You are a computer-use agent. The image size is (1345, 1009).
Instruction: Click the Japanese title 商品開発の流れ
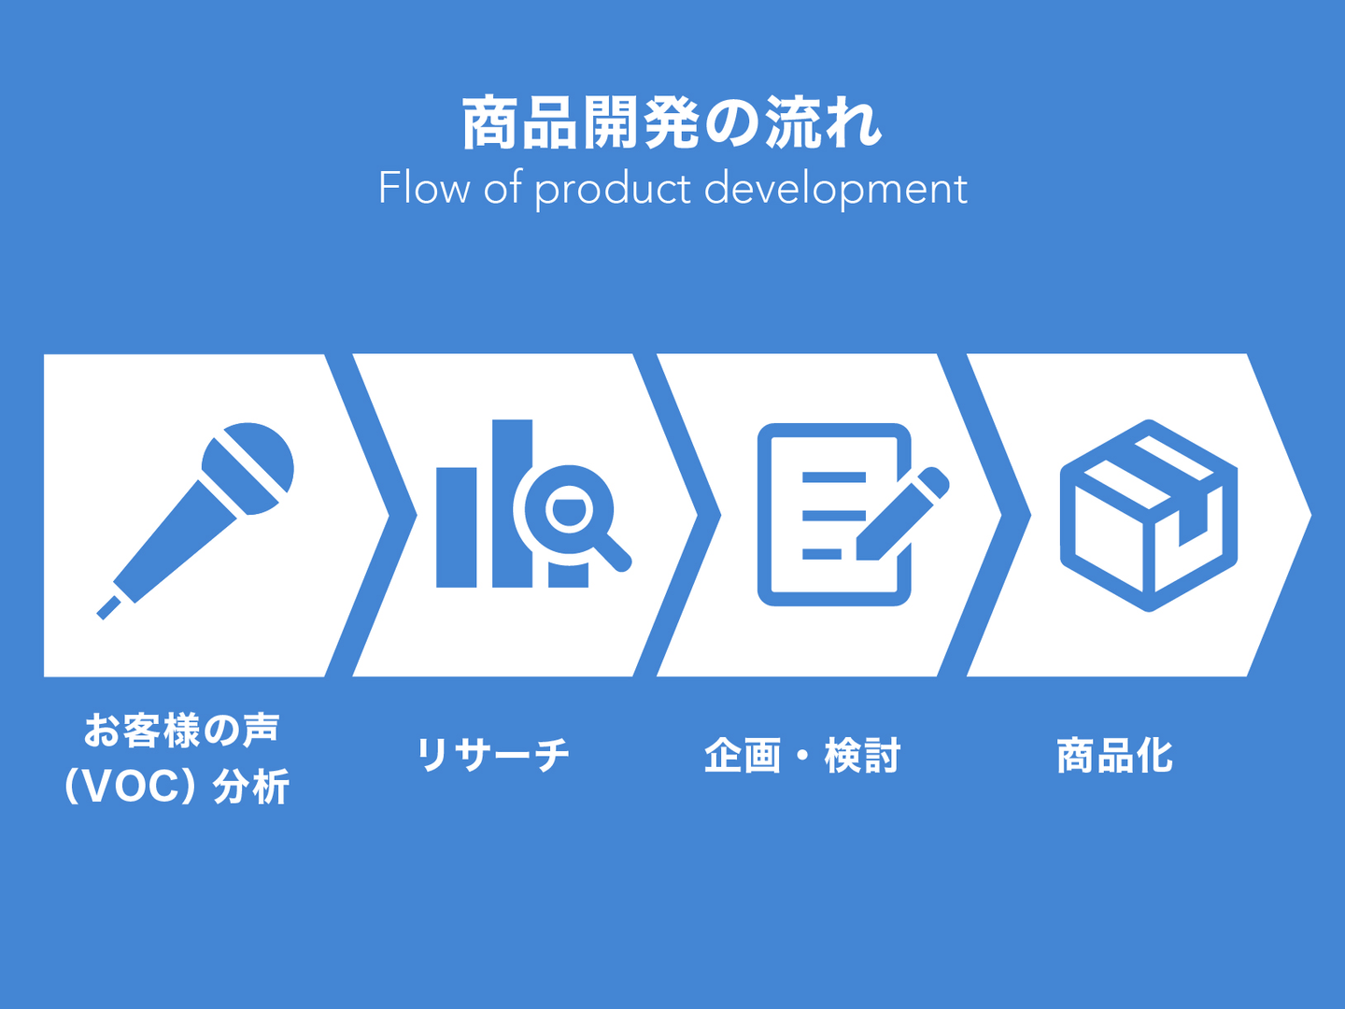tap(672, 122)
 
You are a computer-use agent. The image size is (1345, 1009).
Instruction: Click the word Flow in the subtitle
tap(424, 188)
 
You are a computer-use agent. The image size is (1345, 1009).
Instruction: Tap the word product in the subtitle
tap(614, 190)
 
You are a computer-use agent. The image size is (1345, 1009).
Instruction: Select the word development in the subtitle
tap(836, 190)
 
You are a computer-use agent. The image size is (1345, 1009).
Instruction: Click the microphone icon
tap(195, 520)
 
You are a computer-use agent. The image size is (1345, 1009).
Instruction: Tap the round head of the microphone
tap(248, 469)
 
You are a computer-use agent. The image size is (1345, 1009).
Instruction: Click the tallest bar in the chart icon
tap(512, 503)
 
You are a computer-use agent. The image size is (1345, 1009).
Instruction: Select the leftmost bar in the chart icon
tap(456, 528)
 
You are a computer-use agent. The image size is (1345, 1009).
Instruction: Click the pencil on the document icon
tap(902, 514)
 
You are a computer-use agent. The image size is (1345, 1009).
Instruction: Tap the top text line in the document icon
tap(834, 477)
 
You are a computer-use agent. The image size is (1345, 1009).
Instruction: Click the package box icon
tap(1148, 515)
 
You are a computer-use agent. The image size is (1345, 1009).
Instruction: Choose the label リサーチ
tap(493, 755)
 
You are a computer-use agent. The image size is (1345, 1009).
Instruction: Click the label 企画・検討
tap(802, 756)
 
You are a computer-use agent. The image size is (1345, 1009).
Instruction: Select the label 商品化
tap(1114, 756)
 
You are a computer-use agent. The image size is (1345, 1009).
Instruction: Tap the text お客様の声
tap(181, 731)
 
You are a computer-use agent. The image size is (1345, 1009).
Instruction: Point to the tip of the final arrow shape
tap(1310, 515)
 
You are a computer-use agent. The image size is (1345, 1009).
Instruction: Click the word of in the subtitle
tap(503, 188)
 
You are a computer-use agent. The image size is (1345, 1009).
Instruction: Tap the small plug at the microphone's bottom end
tap(109, 607)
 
